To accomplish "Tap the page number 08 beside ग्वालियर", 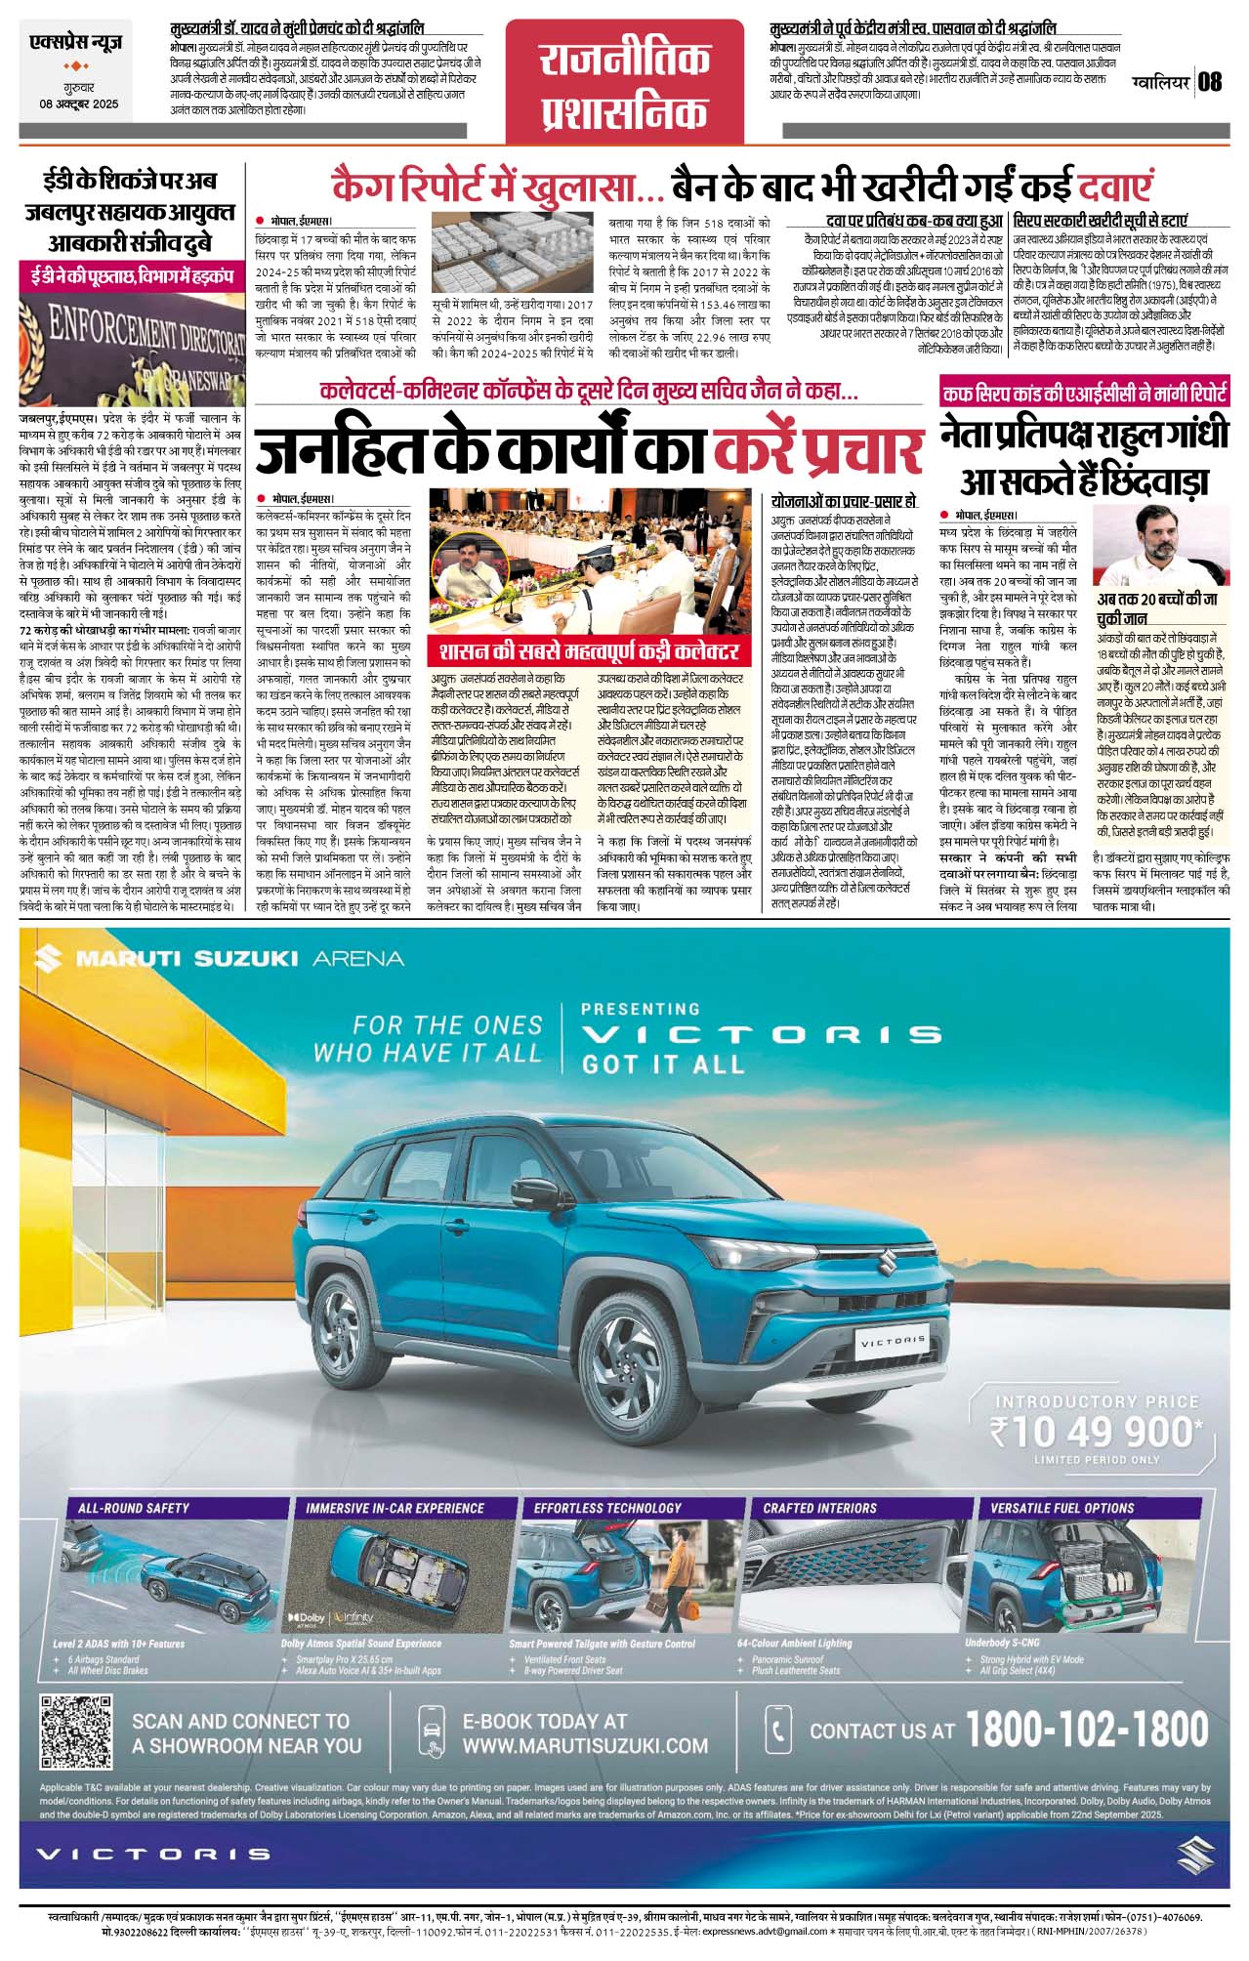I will pyautogui.click(x=1210, y=82).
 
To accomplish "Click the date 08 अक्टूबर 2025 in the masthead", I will pyautogui.click(x=79, y=104).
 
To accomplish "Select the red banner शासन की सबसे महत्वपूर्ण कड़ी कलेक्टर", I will pyautogui.click(x=589, y=651).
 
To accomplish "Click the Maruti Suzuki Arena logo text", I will pyautogui.click(x=220, y=957).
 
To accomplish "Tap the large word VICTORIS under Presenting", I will pyautogui.click(x=761, y=1034).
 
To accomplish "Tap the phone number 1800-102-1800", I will pyautogui.click(x=1087, y=1731).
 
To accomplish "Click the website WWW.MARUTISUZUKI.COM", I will pyautogui.click(x=585, y=1745).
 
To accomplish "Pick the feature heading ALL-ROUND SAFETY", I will pyautogui.click(x=134, y=1508).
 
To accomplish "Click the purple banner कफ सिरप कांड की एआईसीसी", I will pyautogui.click(x=1084, y=395).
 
